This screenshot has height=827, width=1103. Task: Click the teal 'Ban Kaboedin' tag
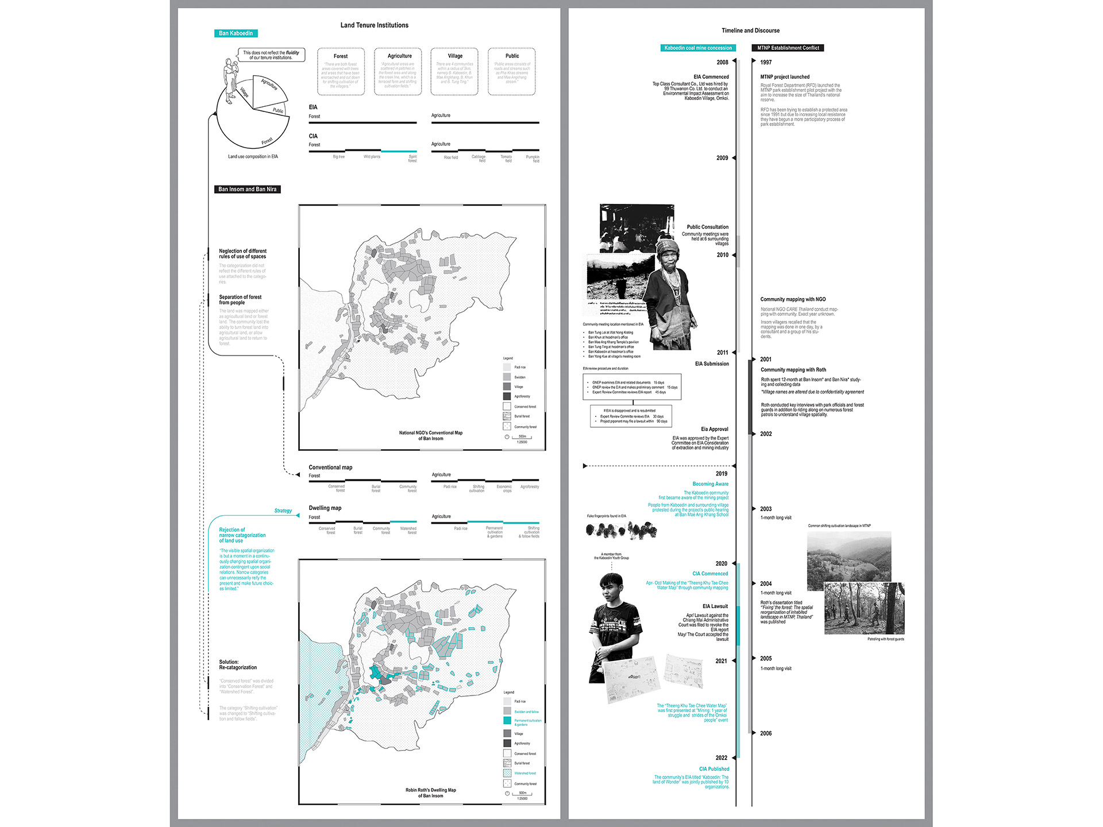(236, 33)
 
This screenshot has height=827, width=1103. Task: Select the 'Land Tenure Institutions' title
(374, 25)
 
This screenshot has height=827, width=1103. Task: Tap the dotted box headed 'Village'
(454, 71)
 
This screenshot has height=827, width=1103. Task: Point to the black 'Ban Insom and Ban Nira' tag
(247, 189)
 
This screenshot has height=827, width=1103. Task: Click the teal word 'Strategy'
(283, 511)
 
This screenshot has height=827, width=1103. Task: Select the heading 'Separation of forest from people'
(240, 300)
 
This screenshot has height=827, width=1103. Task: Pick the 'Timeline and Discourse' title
(750, 30)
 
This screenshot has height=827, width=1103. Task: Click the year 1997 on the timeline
(766, 62)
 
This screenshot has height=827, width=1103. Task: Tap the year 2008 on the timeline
(722, 62)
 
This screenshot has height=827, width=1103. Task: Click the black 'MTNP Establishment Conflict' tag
(788, 48)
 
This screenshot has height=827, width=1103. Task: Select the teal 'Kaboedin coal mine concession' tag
(698, 48)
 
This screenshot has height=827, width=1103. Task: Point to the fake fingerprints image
(621, 530)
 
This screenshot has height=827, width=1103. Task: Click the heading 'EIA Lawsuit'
(715, 606)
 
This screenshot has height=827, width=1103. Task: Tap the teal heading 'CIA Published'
(714, 769)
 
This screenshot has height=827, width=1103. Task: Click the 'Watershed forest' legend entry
(524, 774)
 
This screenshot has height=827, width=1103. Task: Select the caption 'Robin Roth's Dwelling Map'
(430, 790)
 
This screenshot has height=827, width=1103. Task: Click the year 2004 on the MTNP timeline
(766, 583)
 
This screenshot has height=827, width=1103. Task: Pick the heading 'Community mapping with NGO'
(793, 299)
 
